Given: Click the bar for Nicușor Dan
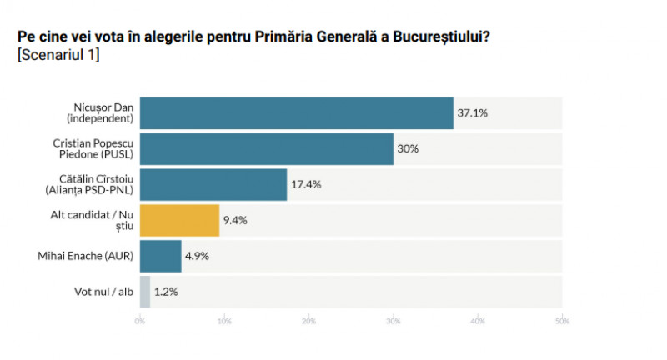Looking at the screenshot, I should tap(296, 112).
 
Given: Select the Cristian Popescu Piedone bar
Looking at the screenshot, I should tap(266, 148).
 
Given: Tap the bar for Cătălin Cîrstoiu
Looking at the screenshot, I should tap(213, 184).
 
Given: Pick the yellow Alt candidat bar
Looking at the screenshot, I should tap(179, 220).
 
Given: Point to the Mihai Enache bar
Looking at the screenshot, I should tap(160, 256).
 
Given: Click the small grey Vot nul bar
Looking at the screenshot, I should tap(145, 292).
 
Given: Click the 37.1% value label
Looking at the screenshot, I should tap(472, 112).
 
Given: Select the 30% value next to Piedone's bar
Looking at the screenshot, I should tap(408, 148).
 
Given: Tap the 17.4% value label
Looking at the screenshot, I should tap(306, 184).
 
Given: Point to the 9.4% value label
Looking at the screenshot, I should tap(236, 220).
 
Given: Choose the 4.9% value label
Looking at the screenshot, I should tap(198, 256).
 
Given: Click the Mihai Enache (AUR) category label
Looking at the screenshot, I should tap(93, 256).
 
